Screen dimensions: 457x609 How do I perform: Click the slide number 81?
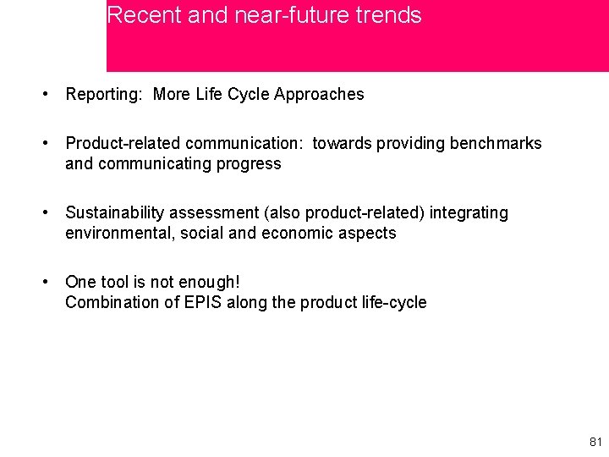(595, 442)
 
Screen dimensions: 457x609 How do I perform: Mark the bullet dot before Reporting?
(46, 95)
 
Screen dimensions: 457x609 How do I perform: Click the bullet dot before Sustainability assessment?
(46, 213)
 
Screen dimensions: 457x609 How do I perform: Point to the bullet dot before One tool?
(46, 283)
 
